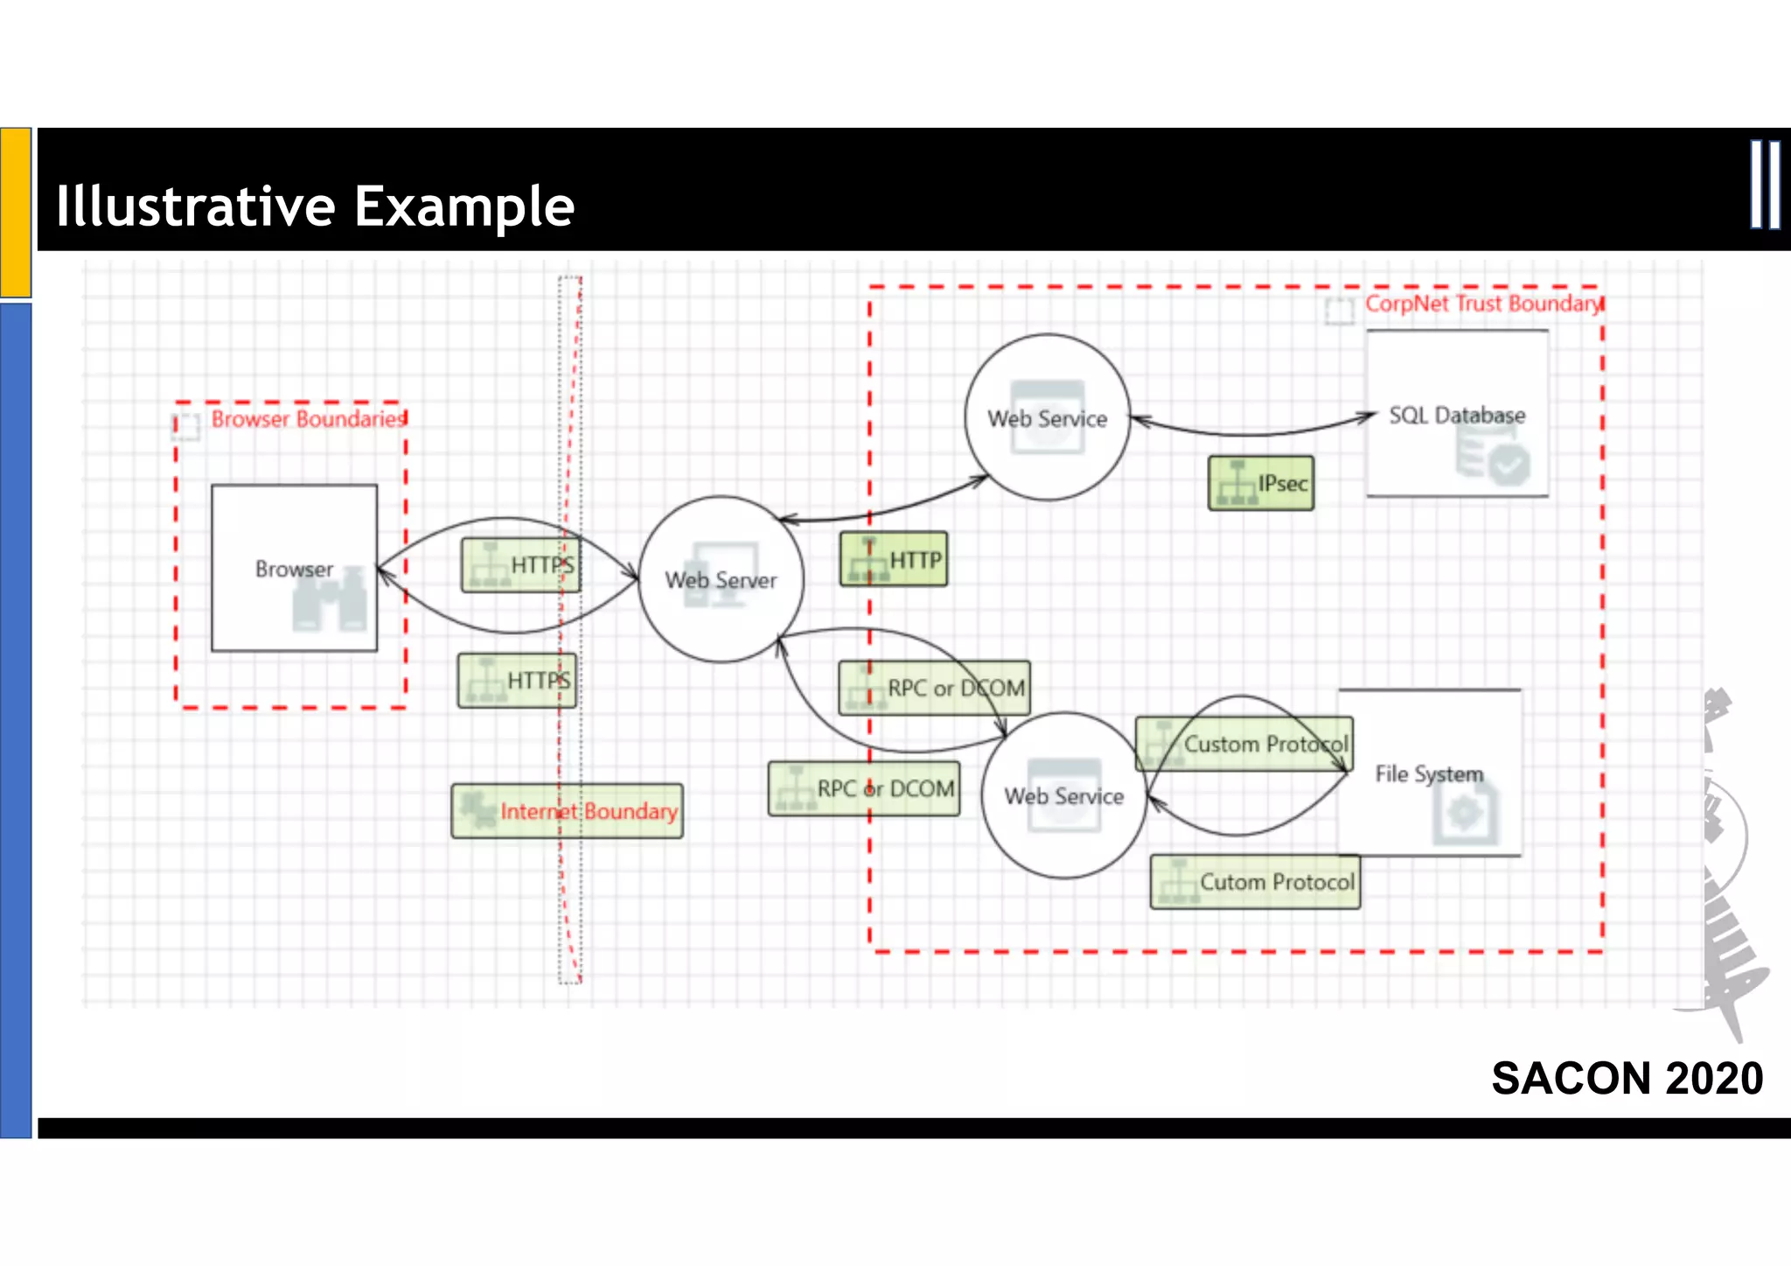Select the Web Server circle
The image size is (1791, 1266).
[721, 579]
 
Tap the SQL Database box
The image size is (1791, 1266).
[1457, 414]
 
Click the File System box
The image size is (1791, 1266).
[1429, 773]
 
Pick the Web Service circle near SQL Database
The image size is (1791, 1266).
[1047, 418]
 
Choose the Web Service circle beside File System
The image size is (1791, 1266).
[1063, 795]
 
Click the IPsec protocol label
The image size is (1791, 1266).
[1260, 483]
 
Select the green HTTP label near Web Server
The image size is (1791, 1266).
[893, 559]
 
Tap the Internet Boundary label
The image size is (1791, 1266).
[567, 811]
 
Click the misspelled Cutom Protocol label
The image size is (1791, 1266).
[1255, 882]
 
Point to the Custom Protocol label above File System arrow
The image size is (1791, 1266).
[1244, 744]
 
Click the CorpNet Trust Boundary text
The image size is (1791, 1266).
[1483, 304]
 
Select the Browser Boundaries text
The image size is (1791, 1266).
[308, 419]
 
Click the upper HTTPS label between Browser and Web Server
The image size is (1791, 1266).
[519, 565]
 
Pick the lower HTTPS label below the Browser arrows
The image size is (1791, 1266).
[516, 681]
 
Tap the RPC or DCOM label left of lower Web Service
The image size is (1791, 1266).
[863, 788]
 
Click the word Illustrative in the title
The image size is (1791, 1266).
[195, 206]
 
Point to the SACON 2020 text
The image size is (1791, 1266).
[1627, 1078]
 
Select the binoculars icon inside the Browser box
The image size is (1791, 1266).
[329, 602]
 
